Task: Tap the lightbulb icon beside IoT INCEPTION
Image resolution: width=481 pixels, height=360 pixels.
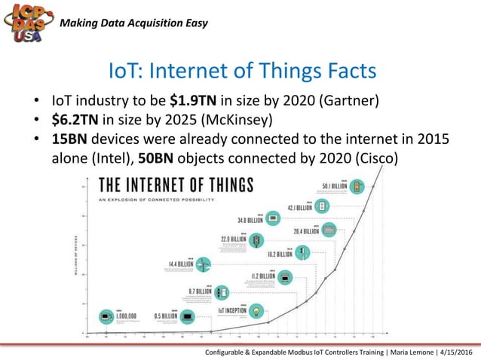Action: [x=257, y=310]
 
